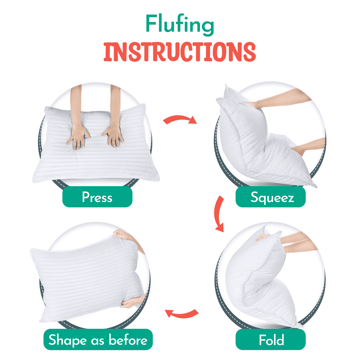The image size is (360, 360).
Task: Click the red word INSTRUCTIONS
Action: coord(180,52)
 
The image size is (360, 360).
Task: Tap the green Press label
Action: coord(97,197)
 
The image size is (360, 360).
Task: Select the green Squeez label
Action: coord(270,197)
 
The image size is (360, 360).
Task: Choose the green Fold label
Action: coord(270,339)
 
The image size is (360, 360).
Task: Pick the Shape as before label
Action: coord(98,339)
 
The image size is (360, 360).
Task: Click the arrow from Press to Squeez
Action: coord(179,118)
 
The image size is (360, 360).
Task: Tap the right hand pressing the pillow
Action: coord(113,136)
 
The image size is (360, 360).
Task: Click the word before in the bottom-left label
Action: coord(128,339)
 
